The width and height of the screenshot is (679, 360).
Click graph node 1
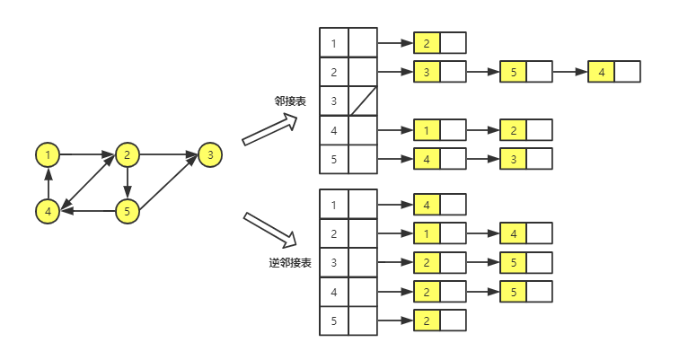tap(48, 155)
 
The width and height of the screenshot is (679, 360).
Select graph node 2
tap(128, 155)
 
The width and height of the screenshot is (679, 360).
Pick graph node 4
tap(48, 212)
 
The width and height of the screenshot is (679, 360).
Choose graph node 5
tap(128, 212)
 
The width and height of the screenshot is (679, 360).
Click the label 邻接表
tap(290, 101)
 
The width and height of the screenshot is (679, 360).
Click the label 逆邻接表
tap(290, 263)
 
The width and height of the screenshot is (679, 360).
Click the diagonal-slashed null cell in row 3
tap(363, 101)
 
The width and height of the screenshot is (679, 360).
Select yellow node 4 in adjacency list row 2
tap(601, 72)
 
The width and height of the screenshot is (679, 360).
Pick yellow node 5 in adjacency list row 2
tap(513, 72)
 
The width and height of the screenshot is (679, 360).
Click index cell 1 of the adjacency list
tap(334, 43)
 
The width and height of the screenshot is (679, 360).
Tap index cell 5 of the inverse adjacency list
tap(334, 321)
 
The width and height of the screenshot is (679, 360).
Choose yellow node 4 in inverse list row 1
tap(427, 205)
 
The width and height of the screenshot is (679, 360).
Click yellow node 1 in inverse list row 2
tap(427, 233)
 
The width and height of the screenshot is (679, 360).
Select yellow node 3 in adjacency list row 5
tap(513, 160)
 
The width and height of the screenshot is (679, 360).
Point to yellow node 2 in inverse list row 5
tap(427, 321)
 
